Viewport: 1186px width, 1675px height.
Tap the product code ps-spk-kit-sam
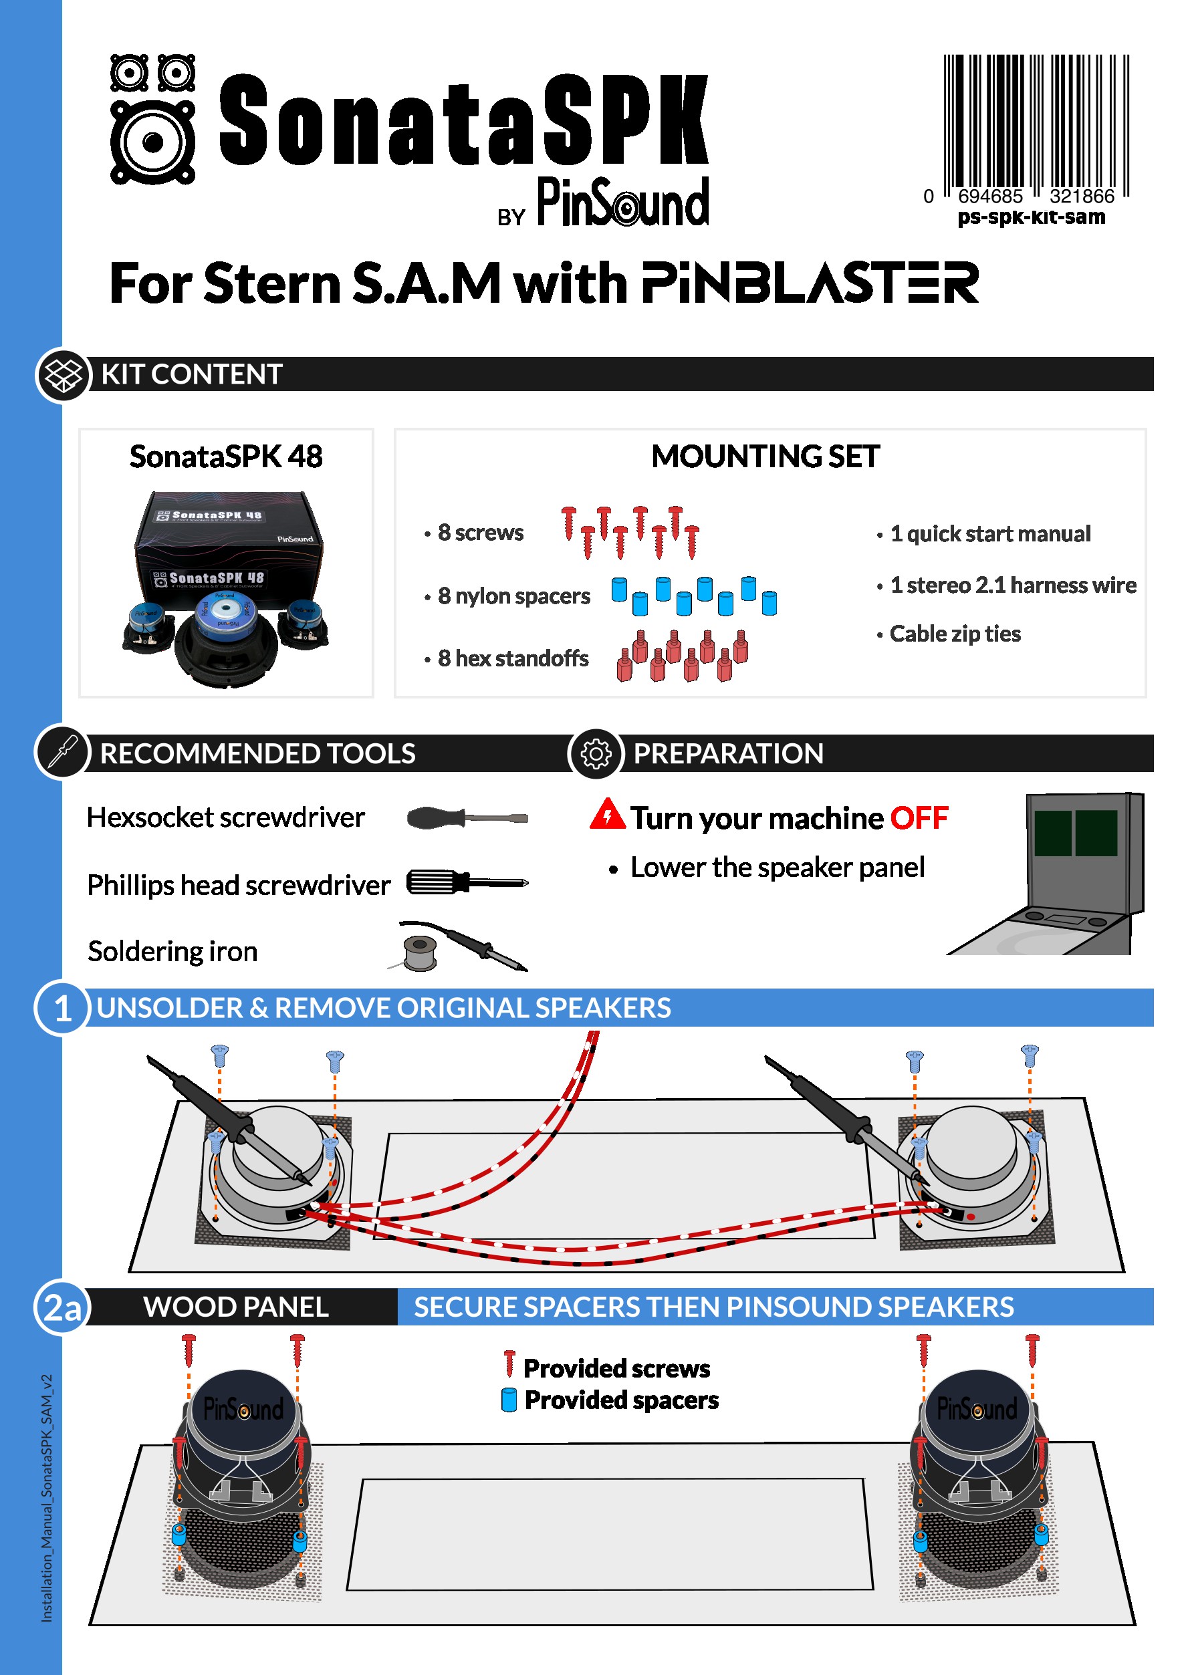click(1031, 218)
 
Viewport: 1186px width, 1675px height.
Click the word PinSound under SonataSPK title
click(623, 203)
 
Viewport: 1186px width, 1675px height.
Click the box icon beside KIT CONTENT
click(64, 374)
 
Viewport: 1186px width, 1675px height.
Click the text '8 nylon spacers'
click(513, 597)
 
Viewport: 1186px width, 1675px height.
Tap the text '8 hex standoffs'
click(513, 658)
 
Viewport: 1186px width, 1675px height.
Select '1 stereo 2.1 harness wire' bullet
click(1013, 585)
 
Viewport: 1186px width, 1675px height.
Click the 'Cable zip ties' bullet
click(955, 634)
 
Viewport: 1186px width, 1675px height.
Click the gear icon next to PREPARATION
click(596, 753)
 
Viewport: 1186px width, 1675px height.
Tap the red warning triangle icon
click(607, 815)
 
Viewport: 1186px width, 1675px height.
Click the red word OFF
click(919, 819)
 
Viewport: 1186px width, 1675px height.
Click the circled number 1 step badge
click(63, 1009)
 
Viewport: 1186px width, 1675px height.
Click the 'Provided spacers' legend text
click(622, 1400)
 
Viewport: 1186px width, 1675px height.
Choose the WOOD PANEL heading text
click(236, 1307)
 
